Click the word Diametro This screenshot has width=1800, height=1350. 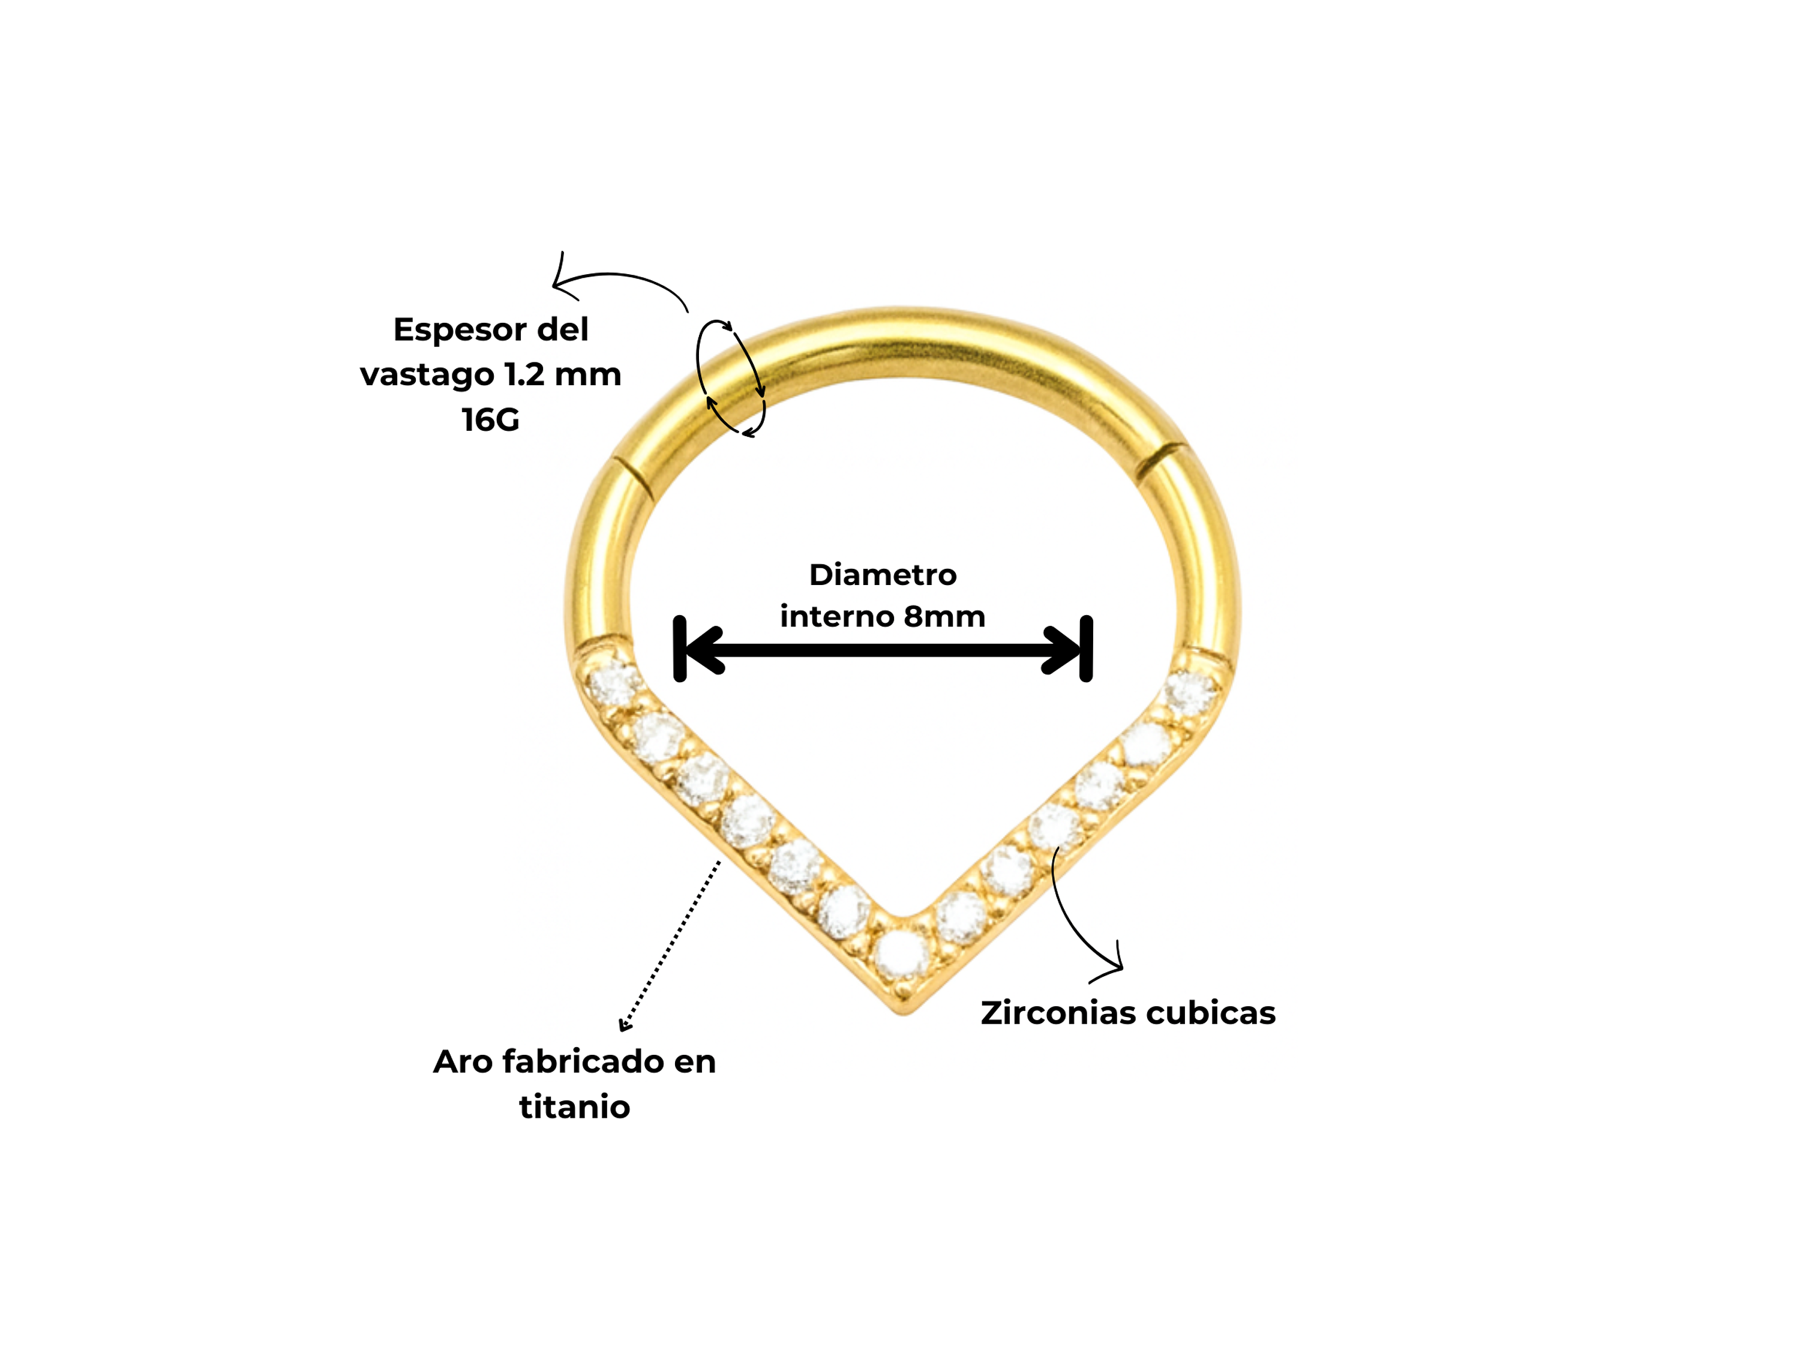point(883,575)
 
